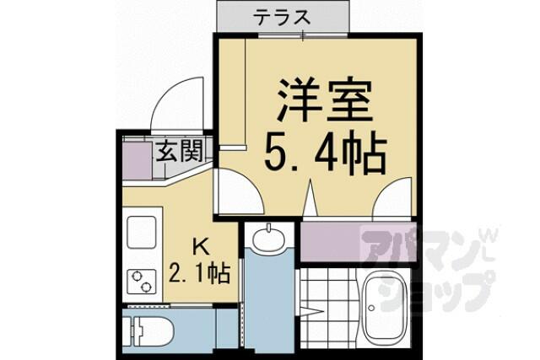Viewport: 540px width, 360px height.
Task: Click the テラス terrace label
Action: click(x=282, y=17)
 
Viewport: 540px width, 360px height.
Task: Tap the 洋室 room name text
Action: click(x=325, y=100)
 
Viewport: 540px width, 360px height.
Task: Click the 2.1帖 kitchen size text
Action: click(x=200, y=273)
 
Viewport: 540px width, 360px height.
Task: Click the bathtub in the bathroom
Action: click(x=386, y=304)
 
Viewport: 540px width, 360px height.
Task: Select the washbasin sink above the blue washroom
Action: click(x=268, y=238)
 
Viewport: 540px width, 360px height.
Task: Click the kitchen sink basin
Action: click(x=142, y=232)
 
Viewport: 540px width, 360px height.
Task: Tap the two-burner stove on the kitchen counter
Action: click(x=142, y=282)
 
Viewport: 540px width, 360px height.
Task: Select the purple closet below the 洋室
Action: click(x=357, y=242)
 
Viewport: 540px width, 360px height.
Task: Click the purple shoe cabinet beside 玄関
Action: click(x=137, y=161)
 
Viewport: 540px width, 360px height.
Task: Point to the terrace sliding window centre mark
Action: click(x=303, y=35)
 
